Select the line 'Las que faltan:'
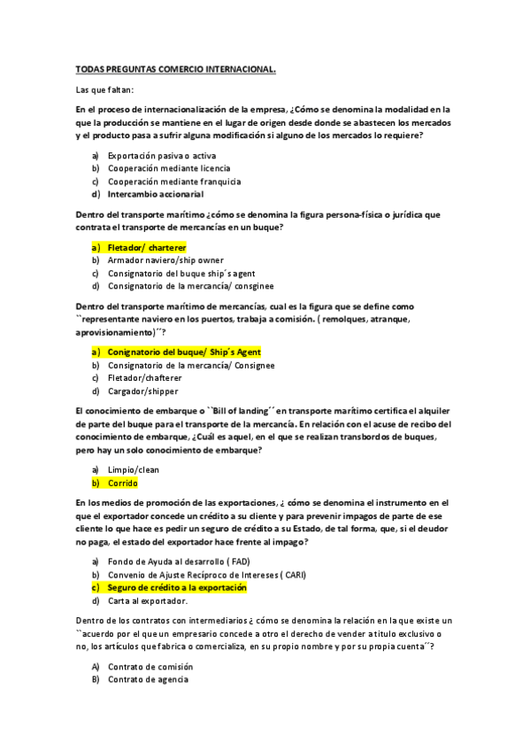pos(105,89)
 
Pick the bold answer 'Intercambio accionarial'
pos(155,194)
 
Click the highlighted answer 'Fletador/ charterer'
pos(147,248)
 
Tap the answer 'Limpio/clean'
pos(134,469)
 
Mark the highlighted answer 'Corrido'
pos(123,484)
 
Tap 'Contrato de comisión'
pos(147,666)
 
